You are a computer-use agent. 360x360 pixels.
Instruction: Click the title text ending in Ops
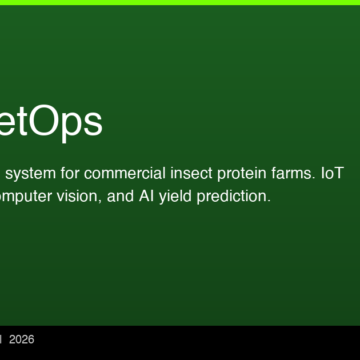pos(50,121)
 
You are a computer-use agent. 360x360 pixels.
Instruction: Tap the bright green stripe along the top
pos(180,2)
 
